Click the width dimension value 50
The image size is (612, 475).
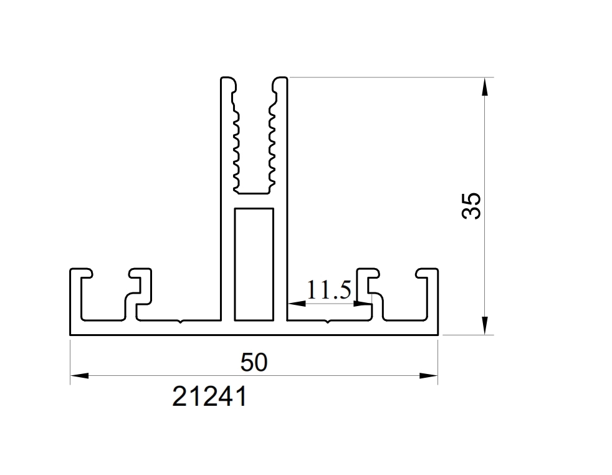[x=254, y=362]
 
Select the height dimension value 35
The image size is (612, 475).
[x=472, y=205]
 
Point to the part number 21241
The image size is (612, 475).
[x=209, y=396]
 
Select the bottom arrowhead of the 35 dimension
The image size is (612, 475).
[x=485, y=325]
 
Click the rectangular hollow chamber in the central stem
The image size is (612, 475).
[x=254, y=264]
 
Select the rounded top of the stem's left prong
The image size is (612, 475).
[x=229, y=81]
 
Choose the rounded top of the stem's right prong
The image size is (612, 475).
[x=280, y=81]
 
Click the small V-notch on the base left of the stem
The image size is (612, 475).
[x=179, y=322]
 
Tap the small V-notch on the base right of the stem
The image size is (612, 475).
[x=327, y=322]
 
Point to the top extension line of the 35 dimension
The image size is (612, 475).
[x=386, y=77]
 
